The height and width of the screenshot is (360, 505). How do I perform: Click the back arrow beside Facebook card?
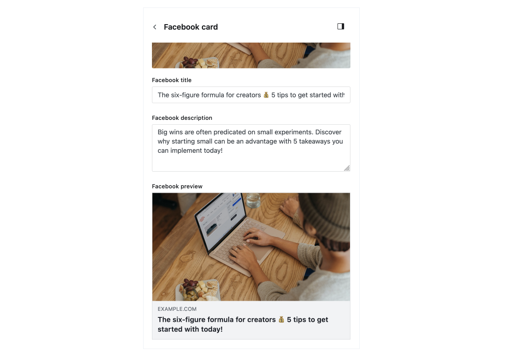click(x=155, y=27)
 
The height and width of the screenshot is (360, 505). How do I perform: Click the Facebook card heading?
click(x=191, y=27)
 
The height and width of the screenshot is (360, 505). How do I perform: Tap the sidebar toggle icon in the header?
click(x=341, y=26)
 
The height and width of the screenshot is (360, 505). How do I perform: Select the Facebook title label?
click(x=172, y=80)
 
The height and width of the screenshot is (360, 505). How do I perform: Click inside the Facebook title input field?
click(x=251, y=95)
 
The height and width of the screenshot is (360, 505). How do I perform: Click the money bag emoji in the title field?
click(x=266, y=95)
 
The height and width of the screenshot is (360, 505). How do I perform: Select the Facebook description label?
click(x=182, y=118)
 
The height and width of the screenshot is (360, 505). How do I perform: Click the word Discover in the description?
click(x=328, y=132)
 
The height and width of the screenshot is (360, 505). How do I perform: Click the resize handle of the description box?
click(x=347, y=168)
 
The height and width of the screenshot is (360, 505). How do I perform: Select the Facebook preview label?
click(x=177, y=187)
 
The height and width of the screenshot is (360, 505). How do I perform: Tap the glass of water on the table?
click(x=253, y=200)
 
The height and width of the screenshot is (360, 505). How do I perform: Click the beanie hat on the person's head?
click(x=326, y=216)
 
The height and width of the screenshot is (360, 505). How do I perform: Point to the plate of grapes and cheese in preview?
click(x=197, y=290)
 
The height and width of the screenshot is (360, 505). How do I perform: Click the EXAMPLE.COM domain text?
click(x=177, y=309)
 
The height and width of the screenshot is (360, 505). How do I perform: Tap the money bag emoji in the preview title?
click(x=281, y=320)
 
